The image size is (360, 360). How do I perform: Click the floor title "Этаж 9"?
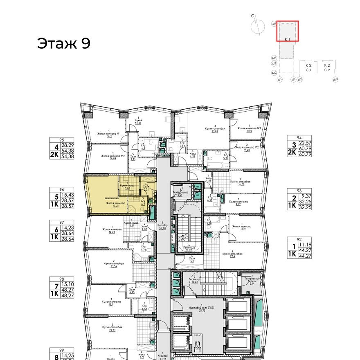pos(63,43)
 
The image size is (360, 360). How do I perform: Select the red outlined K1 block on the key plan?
pos(287,31)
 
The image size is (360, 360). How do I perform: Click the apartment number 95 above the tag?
pos(62,139)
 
